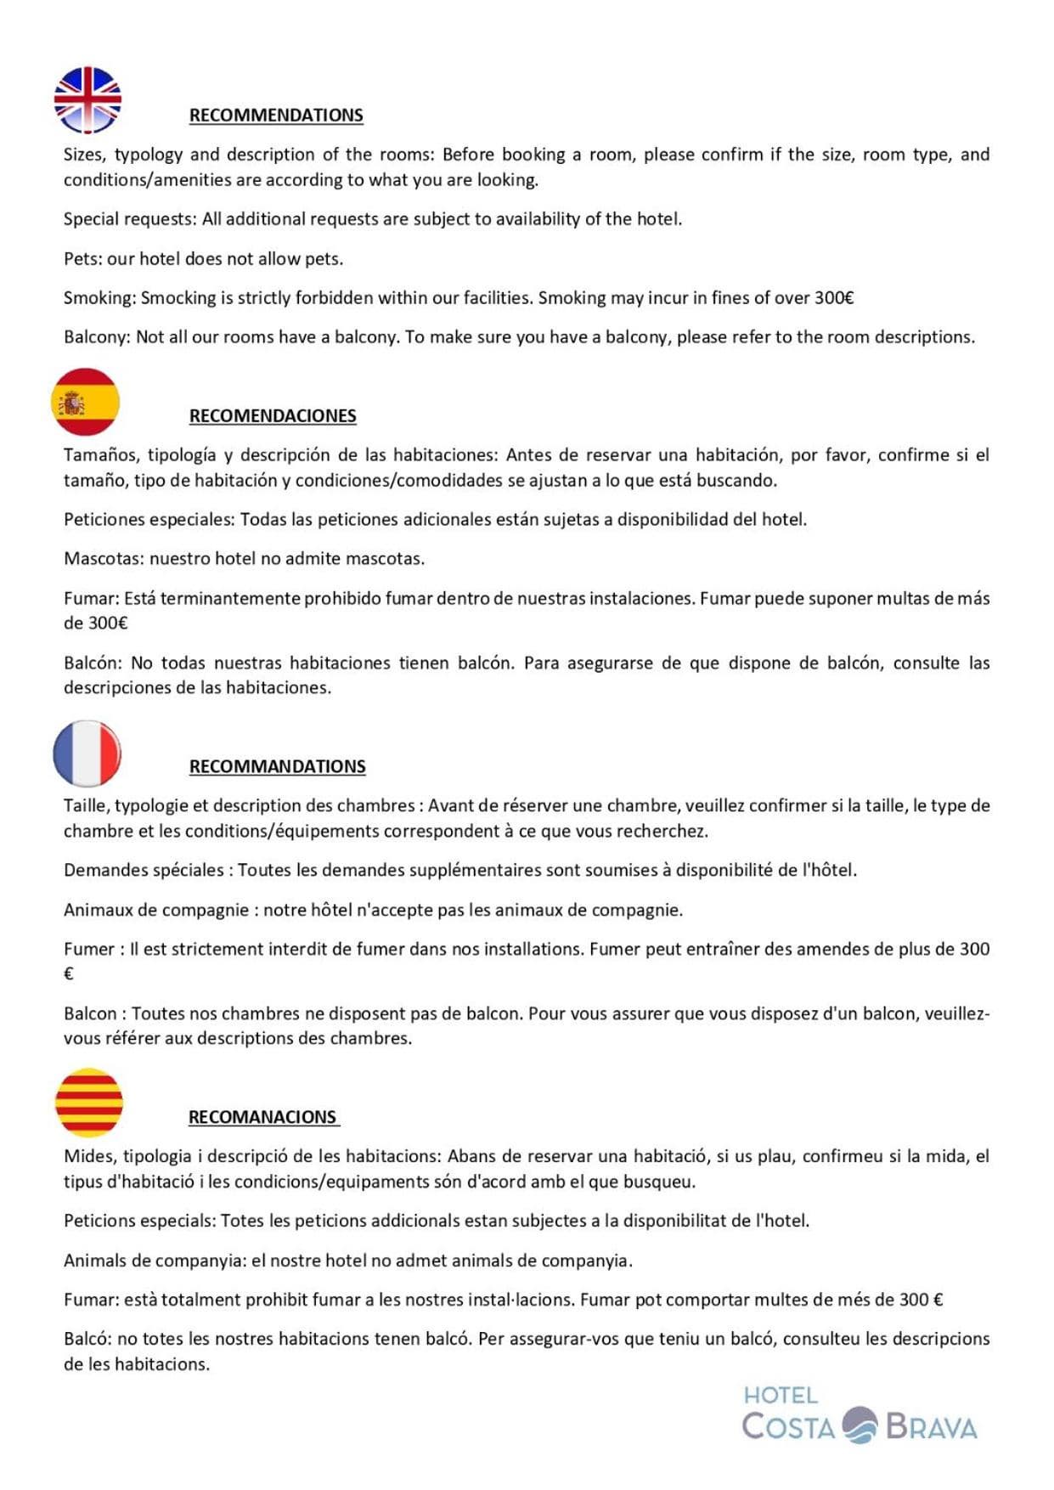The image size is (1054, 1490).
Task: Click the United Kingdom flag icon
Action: pyautogui.click(x=87, y=100)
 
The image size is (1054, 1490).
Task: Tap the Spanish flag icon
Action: pyautogui.click(x=85, y=402)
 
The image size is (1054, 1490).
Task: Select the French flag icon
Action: pyautogui.click(x=87, y=753)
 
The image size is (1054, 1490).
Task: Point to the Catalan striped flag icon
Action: pyautogui.click(x=89, y=1103)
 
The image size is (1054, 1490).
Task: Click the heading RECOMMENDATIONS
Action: pyautogui.click(x=276, y=116)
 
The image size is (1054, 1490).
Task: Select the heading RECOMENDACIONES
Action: pyautogui.click(x=273, y=416)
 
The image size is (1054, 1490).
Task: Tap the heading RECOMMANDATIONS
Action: pyautogui.click(x=277, y=766)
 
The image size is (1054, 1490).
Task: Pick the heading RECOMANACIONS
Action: pyautogui.click(x=262, y=1117)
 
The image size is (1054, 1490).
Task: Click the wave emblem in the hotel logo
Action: pyautogui.click(x=860, y=1425)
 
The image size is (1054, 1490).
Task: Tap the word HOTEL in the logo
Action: pyautogui.click(x=781, y=1395)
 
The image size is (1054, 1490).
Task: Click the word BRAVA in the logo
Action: pyautogui.click(x=931, y=1426)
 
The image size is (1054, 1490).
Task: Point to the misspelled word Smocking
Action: pyautogui.click(x=178, y=298)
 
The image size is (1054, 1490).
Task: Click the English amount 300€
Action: pyautogui.click(x=834, y=298)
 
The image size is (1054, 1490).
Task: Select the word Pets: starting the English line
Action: pyautogui.click(x=82, y=259)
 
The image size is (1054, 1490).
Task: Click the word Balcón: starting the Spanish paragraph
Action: pyautogui.click(x=93, y=663)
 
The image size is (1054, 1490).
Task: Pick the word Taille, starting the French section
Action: pyautogui.click(x=86, y=805)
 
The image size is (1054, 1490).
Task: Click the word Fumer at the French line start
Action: pyautogui.click(x=88, y=949)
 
